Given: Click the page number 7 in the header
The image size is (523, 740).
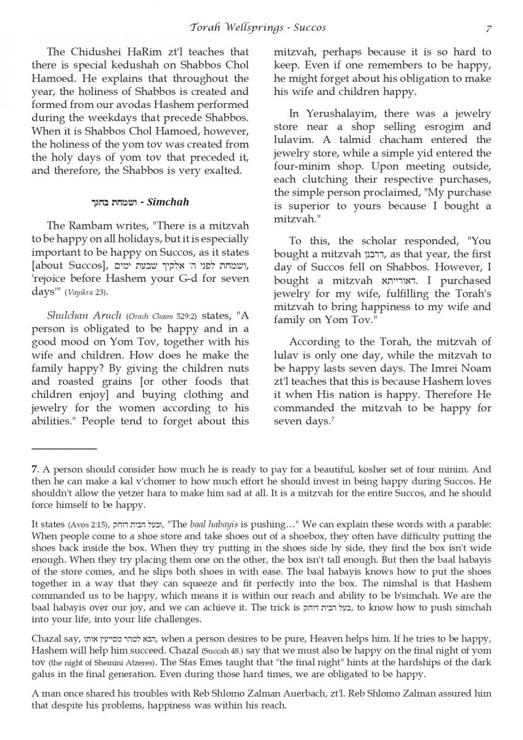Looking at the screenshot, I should (489, 28).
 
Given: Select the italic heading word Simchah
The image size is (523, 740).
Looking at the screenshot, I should (169, 202).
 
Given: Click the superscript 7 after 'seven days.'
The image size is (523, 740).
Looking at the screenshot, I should (330, 420).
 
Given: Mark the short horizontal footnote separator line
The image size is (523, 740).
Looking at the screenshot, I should (64, 449).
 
